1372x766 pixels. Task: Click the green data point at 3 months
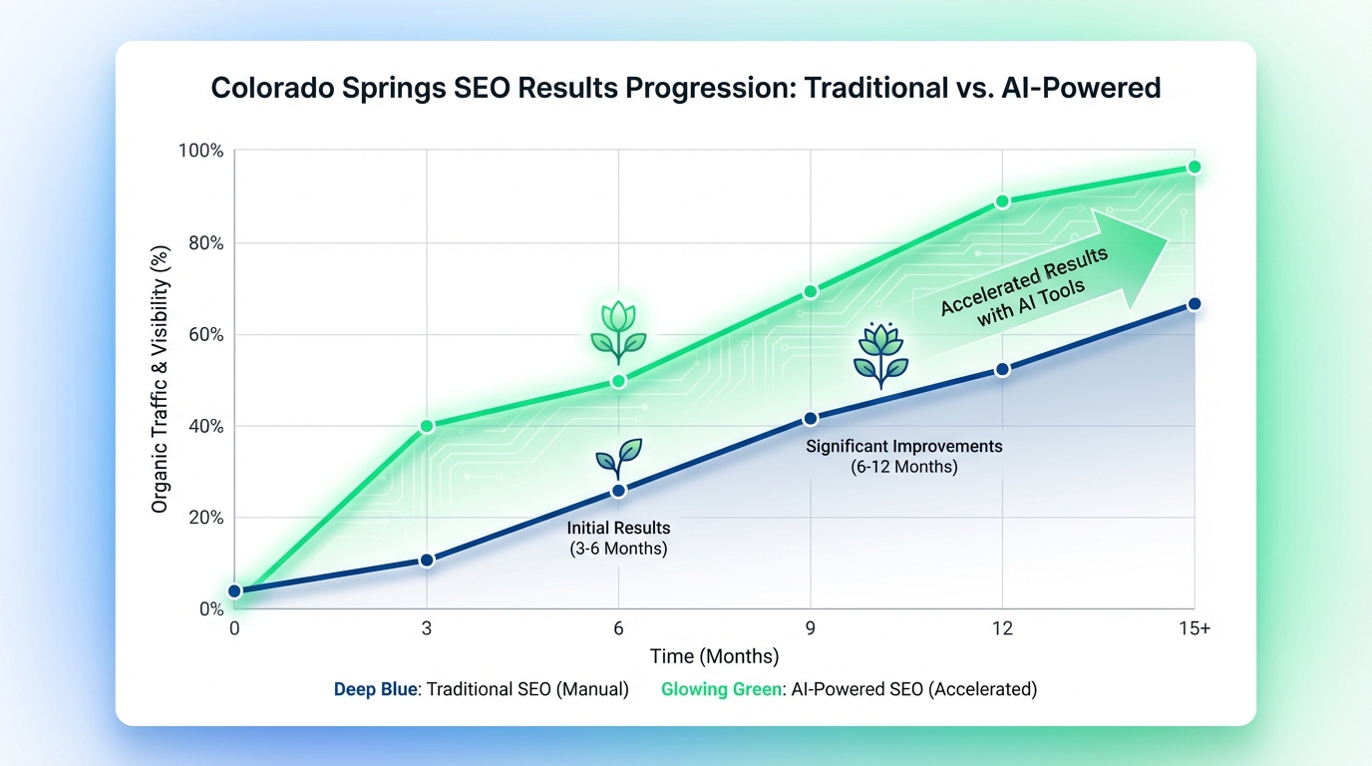pos(427,426)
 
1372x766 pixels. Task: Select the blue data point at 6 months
pos(618,490)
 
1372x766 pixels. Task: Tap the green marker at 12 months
pos(1002,201)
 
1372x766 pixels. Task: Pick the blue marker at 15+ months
pos(1194,304)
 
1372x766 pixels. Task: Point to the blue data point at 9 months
pos(811,419)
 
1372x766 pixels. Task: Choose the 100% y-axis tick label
pos(199,152)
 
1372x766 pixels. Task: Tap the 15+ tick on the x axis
pos(1193,628)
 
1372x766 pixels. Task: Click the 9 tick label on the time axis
pos(811,628)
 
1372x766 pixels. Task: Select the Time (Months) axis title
pos(714,656)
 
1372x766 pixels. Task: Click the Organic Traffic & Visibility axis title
pos(160,380)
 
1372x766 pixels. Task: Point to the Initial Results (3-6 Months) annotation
pos(618,538)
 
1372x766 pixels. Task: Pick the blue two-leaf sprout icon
pos(618,458)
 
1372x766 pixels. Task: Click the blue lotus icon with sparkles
pos(879,354)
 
